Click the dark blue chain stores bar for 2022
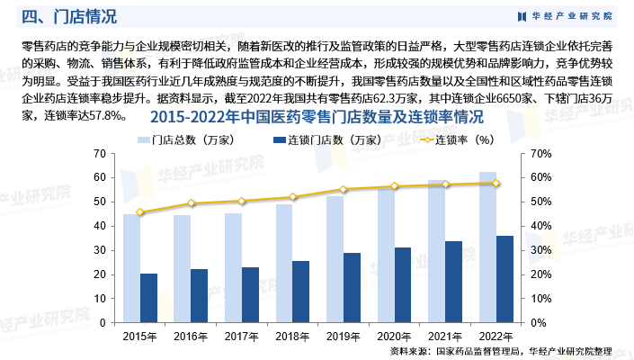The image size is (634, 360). click(505, 279)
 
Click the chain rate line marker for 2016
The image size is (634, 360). click(191, 203)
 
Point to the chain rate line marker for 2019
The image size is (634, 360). click(344, 189)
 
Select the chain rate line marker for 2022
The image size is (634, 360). click(496, 183)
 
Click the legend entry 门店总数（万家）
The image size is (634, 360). click(187, 140)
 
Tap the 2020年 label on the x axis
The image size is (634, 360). click(394, 337)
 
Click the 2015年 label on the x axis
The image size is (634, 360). click(140, 337)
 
